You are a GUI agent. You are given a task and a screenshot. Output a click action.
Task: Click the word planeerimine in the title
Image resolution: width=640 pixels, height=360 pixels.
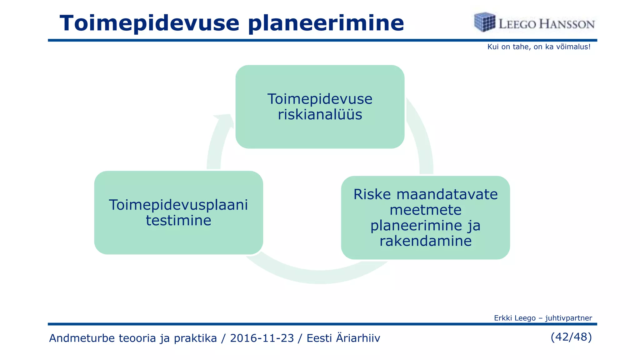326,24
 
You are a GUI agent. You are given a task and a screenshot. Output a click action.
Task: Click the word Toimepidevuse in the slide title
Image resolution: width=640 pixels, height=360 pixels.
149,24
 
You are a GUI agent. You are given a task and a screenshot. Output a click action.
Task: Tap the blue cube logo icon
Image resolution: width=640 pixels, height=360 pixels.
484,22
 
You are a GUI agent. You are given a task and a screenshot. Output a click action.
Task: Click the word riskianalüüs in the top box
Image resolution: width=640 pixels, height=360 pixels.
320,115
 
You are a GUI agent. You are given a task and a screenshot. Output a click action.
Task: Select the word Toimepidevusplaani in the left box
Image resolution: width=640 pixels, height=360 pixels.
178,205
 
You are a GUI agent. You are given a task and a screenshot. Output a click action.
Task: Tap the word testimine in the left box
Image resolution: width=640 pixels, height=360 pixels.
178,221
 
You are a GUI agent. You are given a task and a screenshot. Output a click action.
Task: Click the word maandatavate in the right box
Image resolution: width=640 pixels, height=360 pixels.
447,194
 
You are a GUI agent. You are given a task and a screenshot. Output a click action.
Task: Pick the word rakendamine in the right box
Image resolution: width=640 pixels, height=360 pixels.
425,241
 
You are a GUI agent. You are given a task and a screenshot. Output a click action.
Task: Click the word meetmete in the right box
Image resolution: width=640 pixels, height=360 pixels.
425,210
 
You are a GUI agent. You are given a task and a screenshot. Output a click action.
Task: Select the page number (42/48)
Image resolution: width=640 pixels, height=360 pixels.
571,337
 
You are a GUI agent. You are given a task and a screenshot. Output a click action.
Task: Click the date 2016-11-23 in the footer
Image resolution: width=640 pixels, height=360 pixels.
262,338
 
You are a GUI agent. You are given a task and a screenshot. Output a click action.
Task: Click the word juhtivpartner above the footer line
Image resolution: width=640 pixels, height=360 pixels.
568,318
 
